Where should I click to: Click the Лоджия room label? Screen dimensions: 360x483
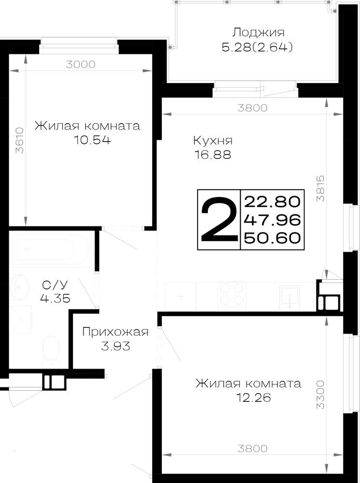[259, 32]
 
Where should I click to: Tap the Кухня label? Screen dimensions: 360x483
[213, 141]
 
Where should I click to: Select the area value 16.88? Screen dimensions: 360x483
[213, 155]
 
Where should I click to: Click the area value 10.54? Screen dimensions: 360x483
[92, 140]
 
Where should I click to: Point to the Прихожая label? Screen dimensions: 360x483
[115, 332]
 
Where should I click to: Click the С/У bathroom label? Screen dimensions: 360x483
[55, 285]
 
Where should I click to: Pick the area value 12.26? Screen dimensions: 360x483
[253, 398]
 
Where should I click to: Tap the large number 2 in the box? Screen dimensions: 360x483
[219, 219]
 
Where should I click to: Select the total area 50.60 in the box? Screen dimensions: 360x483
[272, 238]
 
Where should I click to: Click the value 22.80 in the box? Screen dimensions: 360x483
[272, 202]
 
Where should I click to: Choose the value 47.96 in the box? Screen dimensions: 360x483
[272, 220]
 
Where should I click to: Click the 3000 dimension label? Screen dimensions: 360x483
[81, 64]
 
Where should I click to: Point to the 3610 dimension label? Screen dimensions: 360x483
[19, 140]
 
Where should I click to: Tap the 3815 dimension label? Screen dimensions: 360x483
[320, 188]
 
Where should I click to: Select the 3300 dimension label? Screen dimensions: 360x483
[320, 395]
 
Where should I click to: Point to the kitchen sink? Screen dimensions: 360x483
[289, 297]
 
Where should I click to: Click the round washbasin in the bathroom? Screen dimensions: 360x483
[19, 287]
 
